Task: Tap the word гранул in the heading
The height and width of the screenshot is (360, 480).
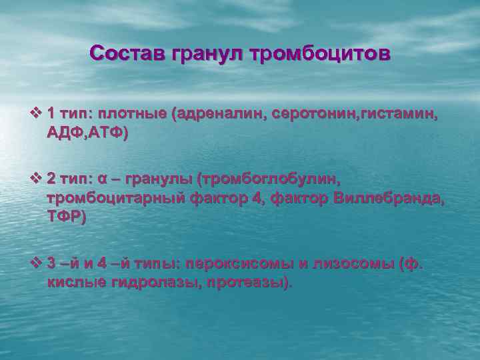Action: click(x=209, y=53)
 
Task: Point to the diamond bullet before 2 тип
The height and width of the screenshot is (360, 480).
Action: click(x=38, y=178)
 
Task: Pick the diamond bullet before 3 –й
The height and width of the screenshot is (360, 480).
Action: click(x=38, y=264)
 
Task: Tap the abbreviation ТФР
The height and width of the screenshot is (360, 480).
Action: click(x=65, y=217)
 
